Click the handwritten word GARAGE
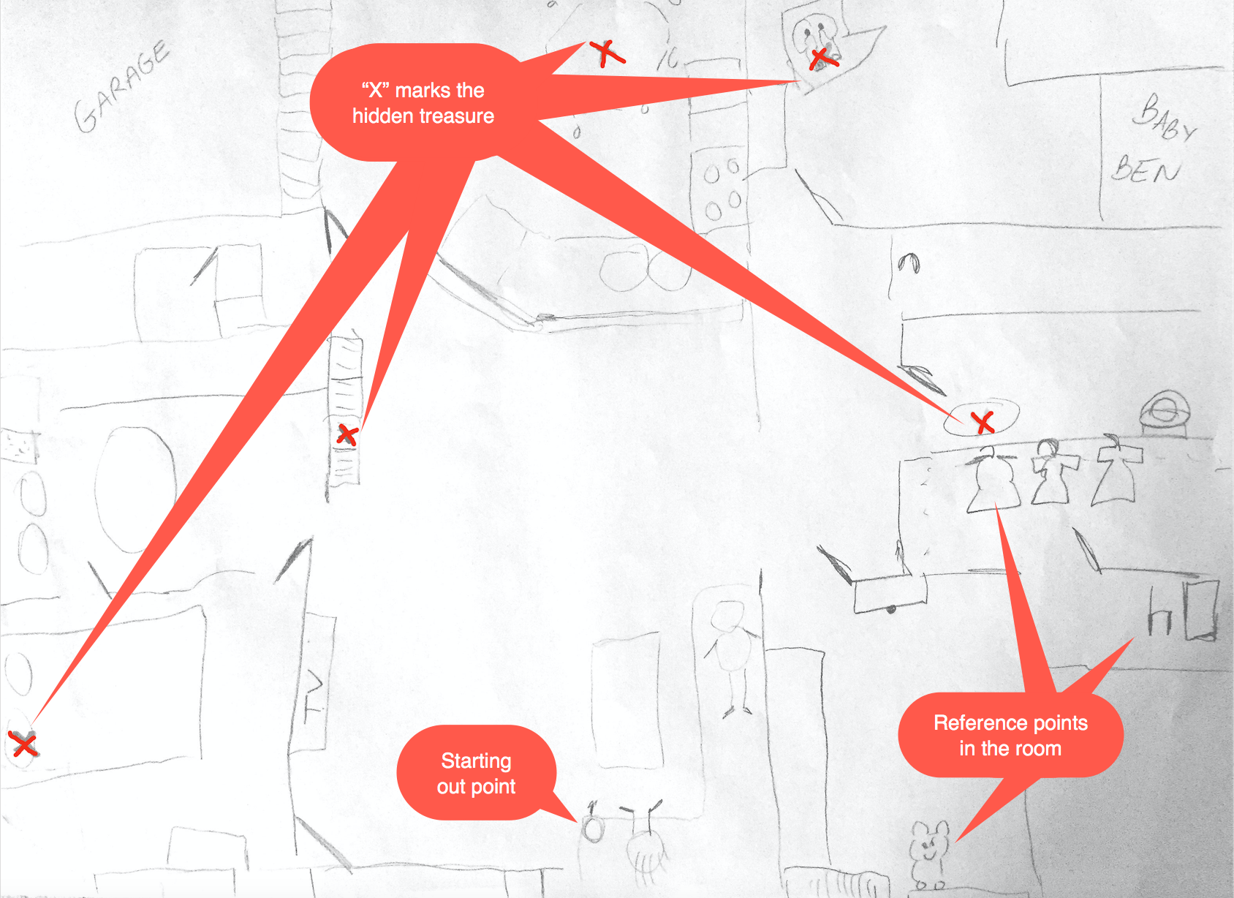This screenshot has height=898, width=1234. (122, 86)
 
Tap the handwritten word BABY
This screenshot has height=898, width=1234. (1164, 118)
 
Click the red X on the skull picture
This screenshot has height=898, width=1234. (823, 59)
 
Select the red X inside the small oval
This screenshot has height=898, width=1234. (983, 423)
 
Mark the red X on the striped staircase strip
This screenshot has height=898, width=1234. (347, 434)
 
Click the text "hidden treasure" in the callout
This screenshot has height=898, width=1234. (423, 116)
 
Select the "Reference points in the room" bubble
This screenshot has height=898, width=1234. (1010, 736)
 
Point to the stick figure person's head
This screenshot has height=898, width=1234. (727, 616)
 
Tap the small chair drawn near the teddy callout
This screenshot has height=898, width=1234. (1160, 615)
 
